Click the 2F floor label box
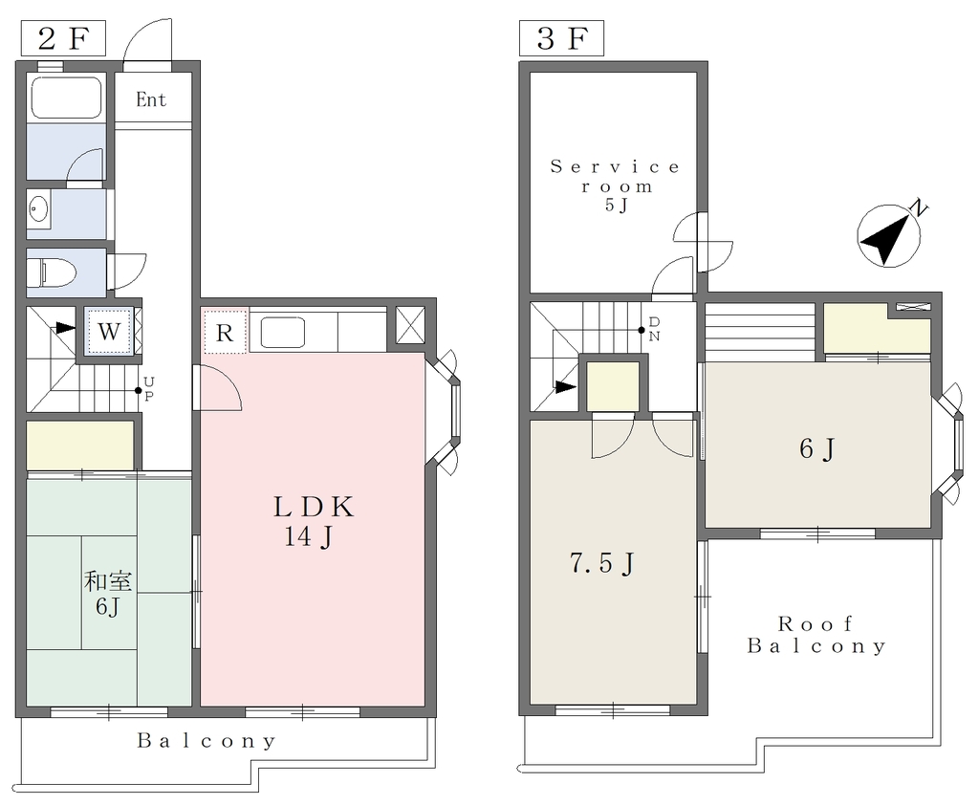point(64,38)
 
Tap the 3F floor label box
point(561,38)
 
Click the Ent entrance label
point(151,100)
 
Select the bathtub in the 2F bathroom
point(66,98)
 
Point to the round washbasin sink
point(38,208)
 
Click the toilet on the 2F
point(52,272)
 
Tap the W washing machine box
point(109,331)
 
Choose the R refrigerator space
point(225,331)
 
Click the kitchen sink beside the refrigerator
point(282,333)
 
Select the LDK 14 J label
point(314,521)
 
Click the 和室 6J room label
point(108,594)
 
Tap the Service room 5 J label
point(615,185)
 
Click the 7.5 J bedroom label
point(602,563)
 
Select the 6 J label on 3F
point(817,448)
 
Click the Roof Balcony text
point(816,635)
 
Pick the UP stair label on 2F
point(148,389)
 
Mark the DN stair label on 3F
point(654,329)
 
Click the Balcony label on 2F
point(207,741)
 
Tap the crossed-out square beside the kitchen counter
point(411,325)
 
